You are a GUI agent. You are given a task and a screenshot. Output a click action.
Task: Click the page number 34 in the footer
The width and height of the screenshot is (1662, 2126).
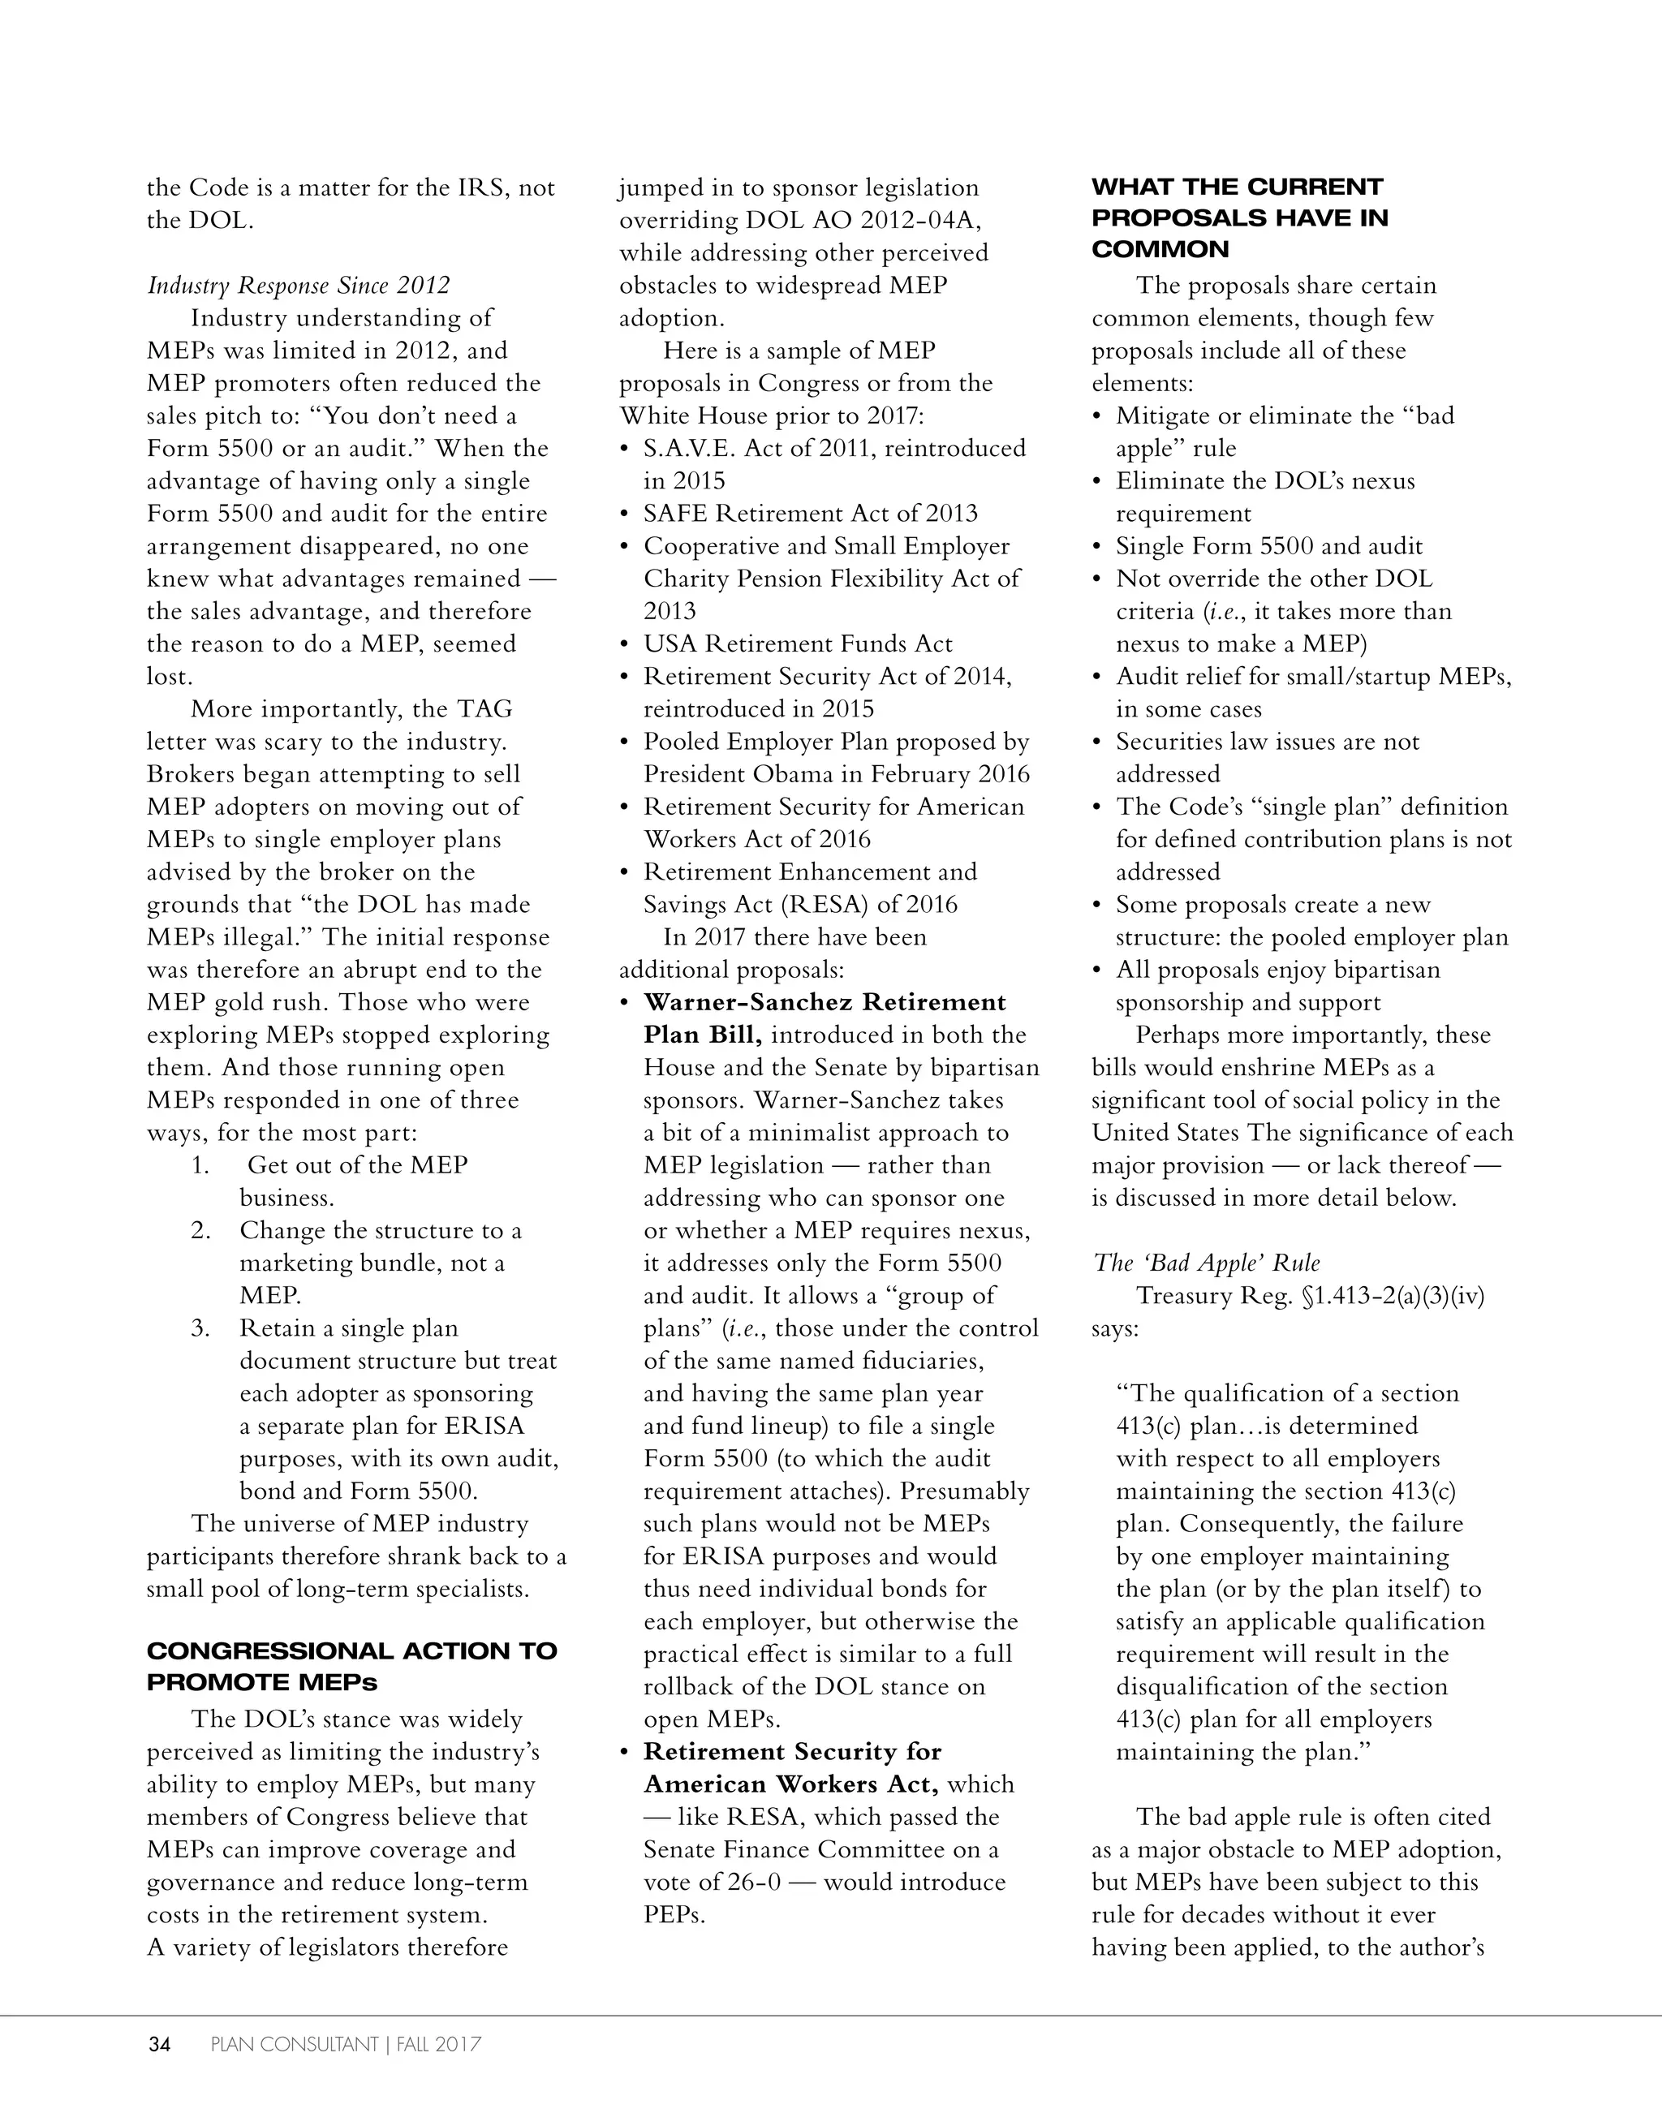click(159, 2044)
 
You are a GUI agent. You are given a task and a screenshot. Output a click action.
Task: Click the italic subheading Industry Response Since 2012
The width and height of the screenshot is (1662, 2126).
click(298, 285)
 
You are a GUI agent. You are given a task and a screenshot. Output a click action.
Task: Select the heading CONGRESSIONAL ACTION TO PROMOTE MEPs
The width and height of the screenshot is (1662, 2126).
click(351, 1667)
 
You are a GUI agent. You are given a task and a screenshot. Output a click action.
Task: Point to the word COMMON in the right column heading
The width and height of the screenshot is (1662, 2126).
click(1160, 249)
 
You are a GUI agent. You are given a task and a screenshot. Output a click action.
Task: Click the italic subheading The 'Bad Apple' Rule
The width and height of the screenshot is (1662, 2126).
click(1207, 1263)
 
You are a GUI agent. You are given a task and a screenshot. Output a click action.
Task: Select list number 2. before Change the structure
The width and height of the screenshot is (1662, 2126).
click(200, 1230)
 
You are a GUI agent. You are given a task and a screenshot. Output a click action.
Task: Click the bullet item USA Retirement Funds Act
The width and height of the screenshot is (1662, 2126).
click(798, 643)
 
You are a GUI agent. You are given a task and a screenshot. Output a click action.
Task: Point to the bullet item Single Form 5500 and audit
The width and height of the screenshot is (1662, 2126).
click(1268, 546)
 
